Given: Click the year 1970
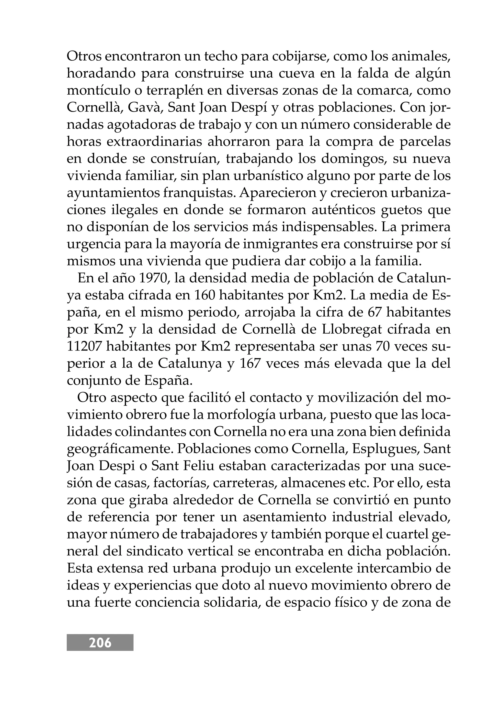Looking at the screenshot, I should pyautogui.click(x=154, y=278).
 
